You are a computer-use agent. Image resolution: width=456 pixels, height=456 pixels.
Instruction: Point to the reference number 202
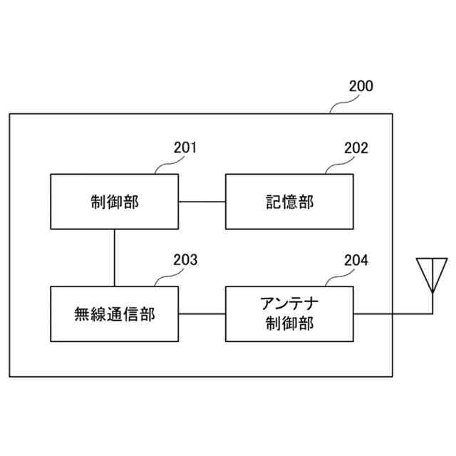(356, 148)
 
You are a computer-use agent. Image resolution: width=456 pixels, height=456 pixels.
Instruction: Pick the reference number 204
(356, 260)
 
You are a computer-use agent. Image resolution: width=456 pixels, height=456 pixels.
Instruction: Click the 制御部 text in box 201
(114, 202)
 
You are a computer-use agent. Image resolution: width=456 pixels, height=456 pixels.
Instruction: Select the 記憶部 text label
(289, 202)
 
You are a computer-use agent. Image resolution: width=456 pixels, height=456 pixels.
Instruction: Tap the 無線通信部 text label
(114, 313)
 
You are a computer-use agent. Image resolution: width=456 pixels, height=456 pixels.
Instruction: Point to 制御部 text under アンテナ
(289, 323)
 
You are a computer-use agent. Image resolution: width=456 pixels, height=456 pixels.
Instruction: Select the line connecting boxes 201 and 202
(202, 202)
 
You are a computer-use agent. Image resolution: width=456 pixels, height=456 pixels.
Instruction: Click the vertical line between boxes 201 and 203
(114, 257)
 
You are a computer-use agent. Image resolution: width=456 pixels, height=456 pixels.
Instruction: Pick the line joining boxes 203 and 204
(202, 313)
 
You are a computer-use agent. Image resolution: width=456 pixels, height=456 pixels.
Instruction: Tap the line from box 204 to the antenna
(392, 313)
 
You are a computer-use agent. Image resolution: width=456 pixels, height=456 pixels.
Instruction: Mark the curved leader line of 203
(166, 278)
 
